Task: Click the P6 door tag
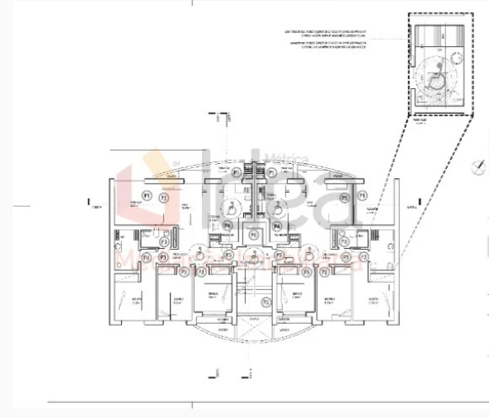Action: [x=254, y=234]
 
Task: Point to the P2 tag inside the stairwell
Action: [x=265, y=302]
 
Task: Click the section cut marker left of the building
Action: [x=88, y=201]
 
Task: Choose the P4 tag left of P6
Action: [x=228, y=224]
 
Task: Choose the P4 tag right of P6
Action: [x=278, y=224]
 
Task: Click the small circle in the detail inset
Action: [x=451, y=58]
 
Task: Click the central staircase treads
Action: [x=254, y=288]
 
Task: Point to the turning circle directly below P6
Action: [x=254, y=251]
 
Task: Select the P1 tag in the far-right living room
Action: [x=361, y=195]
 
